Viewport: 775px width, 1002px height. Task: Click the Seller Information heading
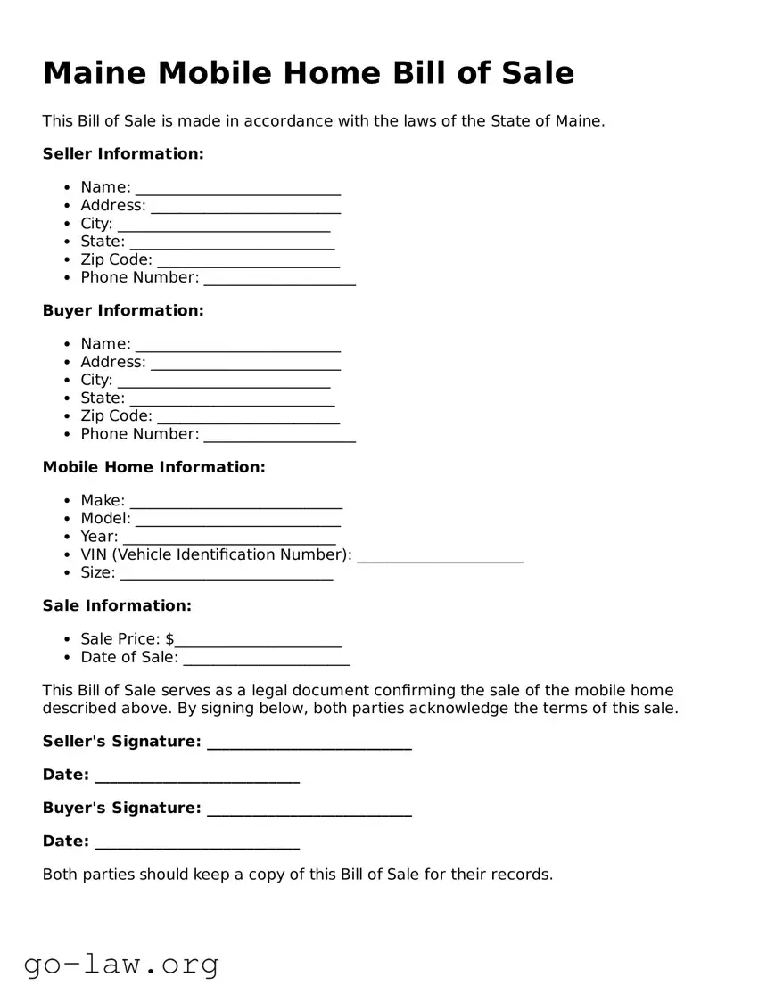point(123,154)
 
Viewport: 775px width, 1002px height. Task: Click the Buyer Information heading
point(123,311)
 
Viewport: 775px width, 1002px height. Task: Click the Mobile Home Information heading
point(153,467)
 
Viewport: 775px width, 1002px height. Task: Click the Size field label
point(97,572)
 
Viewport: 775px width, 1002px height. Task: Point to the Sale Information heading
point(117,606)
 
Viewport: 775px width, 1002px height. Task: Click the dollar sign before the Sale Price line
point(169,639)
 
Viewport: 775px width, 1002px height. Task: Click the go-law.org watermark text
point(121,964)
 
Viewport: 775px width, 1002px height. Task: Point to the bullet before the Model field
point(68,519)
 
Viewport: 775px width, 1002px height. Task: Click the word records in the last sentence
point(522,875)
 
